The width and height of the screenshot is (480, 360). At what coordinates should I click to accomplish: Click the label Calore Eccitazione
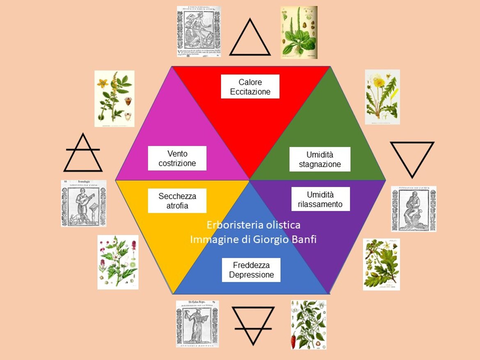click(250, 87)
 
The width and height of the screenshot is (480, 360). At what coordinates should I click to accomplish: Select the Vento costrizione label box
click(177, 158)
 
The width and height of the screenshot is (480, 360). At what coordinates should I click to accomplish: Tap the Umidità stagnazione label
click(320, 160)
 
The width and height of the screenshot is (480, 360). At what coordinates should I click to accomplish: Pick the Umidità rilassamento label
click(320, 199)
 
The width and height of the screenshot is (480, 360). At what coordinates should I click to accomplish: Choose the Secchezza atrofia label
click(177, 201)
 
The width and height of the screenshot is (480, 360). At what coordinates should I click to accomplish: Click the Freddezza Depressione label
click(251, 270)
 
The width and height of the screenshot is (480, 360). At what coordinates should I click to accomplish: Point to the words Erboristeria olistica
click(253, 225)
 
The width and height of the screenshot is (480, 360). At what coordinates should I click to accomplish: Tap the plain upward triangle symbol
click(249, 39)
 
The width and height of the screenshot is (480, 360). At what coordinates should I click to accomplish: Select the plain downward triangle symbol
click(411, 157)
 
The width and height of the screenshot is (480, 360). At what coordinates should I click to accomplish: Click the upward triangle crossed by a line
click(83, 154)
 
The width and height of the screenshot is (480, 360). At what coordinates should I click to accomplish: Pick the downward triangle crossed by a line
click(253, 324)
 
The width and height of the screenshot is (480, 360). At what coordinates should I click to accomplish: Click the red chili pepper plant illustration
click(309, 324)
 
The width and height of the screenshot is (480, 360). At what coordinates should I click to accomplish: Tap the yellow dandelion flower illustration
click(382, 97)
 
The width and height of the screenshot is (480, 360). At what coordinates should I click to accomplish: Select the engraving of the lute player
click(84, 203)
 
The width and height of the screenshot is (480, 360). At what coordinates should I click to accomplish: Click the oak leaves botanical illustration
click(381, 264)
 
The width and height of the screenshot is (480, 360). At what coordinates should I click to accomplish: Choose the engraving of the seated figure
click(413, 209)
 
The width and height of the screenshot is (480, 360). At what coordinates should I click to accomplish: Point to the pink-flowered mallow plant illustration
click(118, 262)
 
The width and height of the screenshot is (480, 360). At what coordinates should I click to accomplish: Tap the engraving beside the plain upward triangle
click(199, 31)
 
